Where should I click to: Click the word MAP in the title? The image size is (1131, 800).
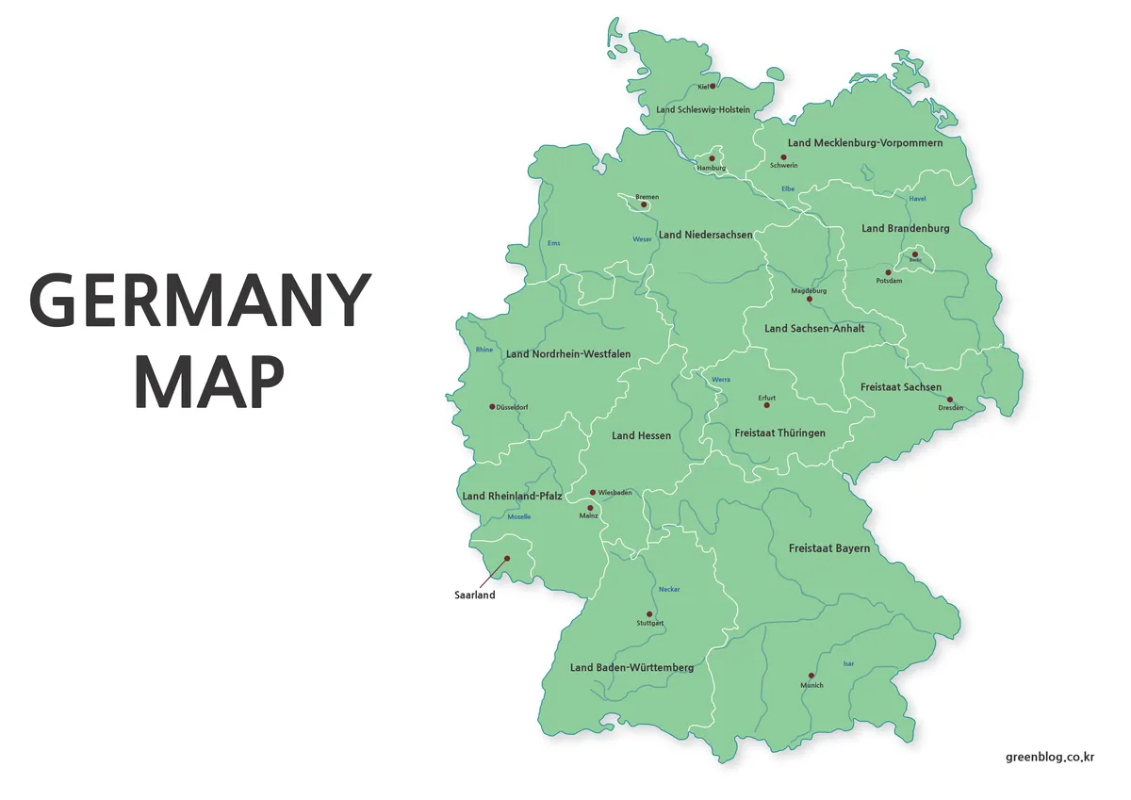click(x=209, y=383)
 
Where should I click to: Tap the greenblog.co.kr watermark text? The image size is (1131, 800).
click(x=1049, y=756)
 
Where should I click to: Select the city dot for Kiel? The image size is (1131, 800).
click(x=713, y=86)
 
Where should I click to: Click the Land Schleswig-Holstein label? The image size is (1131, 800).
click(x=703, y=109)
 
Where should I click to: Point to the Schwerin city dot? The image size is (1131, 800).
click(x=782, y=157)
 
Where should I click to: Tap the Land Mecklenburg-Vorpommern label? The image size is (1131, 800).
click(x=864, y=143)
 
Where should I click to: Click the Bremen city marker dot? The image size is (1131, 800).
click(x=644, y=204)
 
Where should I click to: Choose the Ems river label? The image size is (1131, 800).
click(x=553, y=243)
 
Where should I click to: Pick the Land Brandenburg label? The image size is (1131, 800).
click(x=905, y=228)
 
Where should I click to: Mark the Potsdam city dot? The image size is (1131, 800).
click(x=888, y=272)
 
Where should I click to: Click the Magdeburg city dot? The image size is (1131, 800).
click(x=809, y=300)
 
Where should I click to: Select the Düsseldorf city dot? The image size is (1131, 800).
click(x=492, y=407)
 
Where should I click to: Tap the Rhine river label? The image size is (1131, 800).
click(x=484, y=350)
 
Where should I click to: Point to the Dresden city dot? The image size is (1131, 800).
click(x=950, y=400)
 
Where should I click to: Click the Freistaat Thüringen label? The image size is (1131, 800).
click(x=779, y=433)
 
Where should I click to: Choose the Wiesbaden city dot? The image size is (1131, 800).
click(x=593, y=492)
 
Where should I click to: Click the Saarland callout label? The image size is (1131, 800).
click(x=474, y=595)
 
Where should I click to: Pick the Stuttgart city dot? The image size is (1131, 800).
click(x=649, y=613)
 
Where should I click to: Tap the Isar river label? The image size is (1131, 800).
click(x=848, y=663)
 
